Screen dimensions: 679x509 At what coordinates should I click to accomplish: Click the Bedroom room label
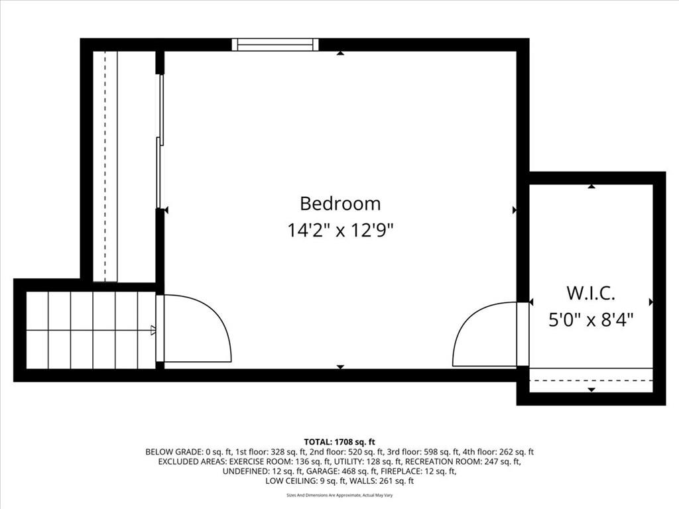click(340, 203)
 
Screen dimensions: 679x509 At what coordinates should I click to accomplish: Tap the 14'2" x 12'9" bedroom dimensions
click(340, 230)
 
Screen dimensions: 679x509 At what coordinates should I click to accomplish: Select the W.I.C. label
click(591, 293)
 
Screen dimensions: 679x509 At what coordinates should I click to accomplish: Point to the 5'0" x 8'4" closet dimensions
click(591, 320)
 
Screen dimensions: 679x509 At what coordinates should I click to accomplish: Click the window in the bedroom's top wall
click(275, 44)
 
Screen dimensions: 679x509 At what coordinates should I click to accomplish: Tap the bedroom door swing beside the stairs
click(198, 328)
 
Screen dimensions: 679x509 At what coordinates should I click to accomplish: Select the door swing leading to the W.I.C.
click(485, 334)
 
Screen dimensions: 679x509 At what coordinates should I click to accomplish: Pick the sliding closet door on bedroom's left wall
click(160, 141)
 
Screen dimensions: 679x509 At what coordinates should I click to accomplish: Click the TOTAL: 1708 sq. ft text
click(339, 442)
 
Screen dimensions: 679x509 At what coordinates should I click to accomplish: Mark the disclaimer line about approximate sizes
click(339, 495)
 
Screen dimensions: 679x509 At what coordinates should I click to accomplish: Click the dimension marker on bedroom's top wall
click(340, 53)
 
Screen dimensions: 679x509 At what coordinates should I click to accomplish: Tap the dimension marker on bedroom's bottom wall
click(340, 367)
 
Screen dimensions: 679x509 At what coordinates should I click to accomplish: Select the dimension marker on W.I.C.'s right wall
click(650, 302)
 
